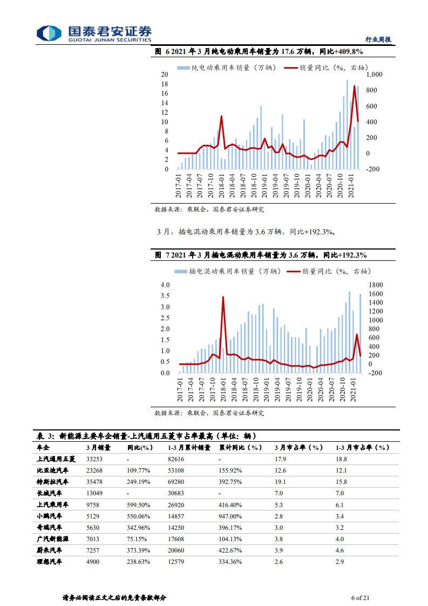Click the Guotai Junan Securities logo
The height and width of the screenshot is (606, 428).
[94, 33]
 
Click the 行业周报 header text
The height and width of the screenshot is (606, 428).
[378, 39]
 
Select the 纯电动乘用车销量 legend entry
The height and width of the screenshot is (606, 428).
[226, 68]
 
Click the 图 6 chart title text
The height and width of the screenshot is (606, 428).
[259, 52]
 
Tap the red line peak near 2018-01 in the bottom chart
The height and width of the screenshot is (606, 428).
[223, 297]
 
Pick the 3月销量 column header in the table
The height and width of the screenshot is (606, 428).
[98, 447]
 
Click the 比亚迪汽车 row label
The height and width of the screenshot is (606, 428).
[53, 470]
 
